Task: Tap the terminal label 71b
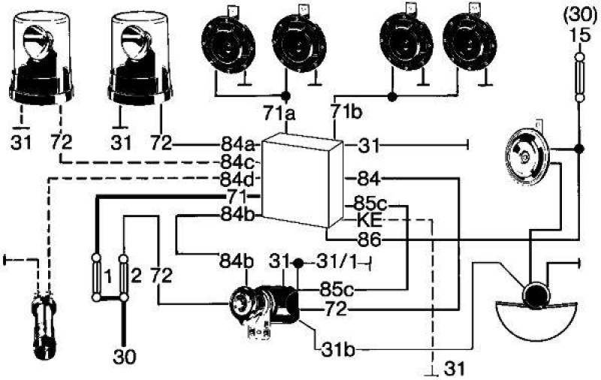click(x=346, y=112)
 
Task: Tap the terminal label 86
click(x=369, y=240)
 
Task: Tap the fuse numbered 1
click(x=98, y=277)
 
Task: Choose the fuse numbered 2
click(x=123, y=276)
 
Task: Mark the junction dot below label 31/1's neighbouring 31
click(x=298, y=264)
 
